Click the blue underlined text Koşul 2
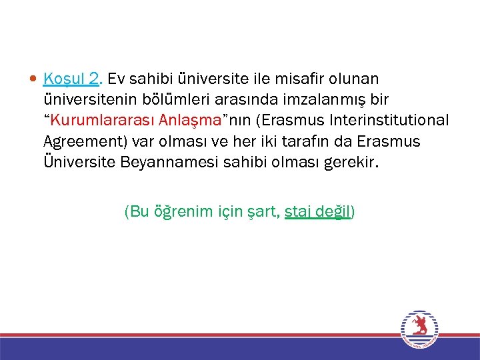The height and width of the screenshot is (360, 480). (71, 79)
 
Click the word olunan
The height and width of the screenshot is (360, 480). (355, 79)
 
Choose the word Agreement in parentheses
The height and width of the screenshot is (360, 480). (83, 141)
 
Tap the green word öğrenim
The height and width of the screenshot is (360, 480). (181, 212)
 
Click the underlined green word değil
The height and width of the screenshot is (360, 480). (335, 212)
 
